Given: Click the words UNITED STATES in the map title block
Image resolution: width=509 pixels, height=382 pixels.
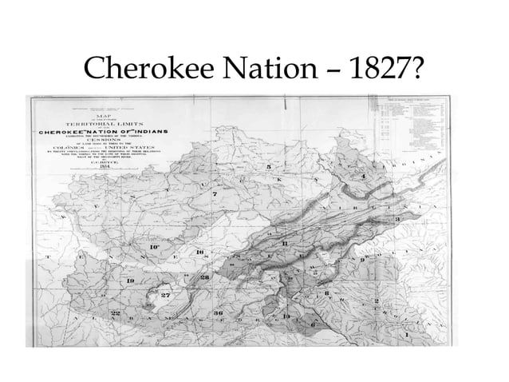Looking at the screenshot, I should (x=136, y=149).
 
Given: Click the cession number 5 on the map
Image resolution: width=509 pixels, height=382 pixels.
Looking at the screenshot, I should (x=269, y=166).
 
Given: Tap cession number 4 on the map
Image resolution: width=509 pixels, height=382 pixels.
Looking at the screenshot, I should (x=363, y=175).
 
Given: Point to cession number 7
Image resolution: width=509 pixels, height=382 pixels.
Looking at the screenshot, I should (x=214, y=195).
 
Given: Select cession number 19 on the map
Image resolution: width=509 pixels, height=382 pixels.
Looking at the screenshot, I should (x=130, y=281).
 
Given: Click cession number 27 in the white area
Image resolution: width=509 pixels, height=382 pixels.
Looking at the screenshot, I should (x=167, y=296).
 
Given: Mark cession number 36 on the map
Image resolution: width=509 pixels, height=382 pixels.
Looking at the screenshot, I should (x=218, y=312).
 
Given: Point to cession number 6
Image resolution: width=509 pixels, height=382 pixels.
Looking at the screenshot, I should (x=313, y=323).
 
